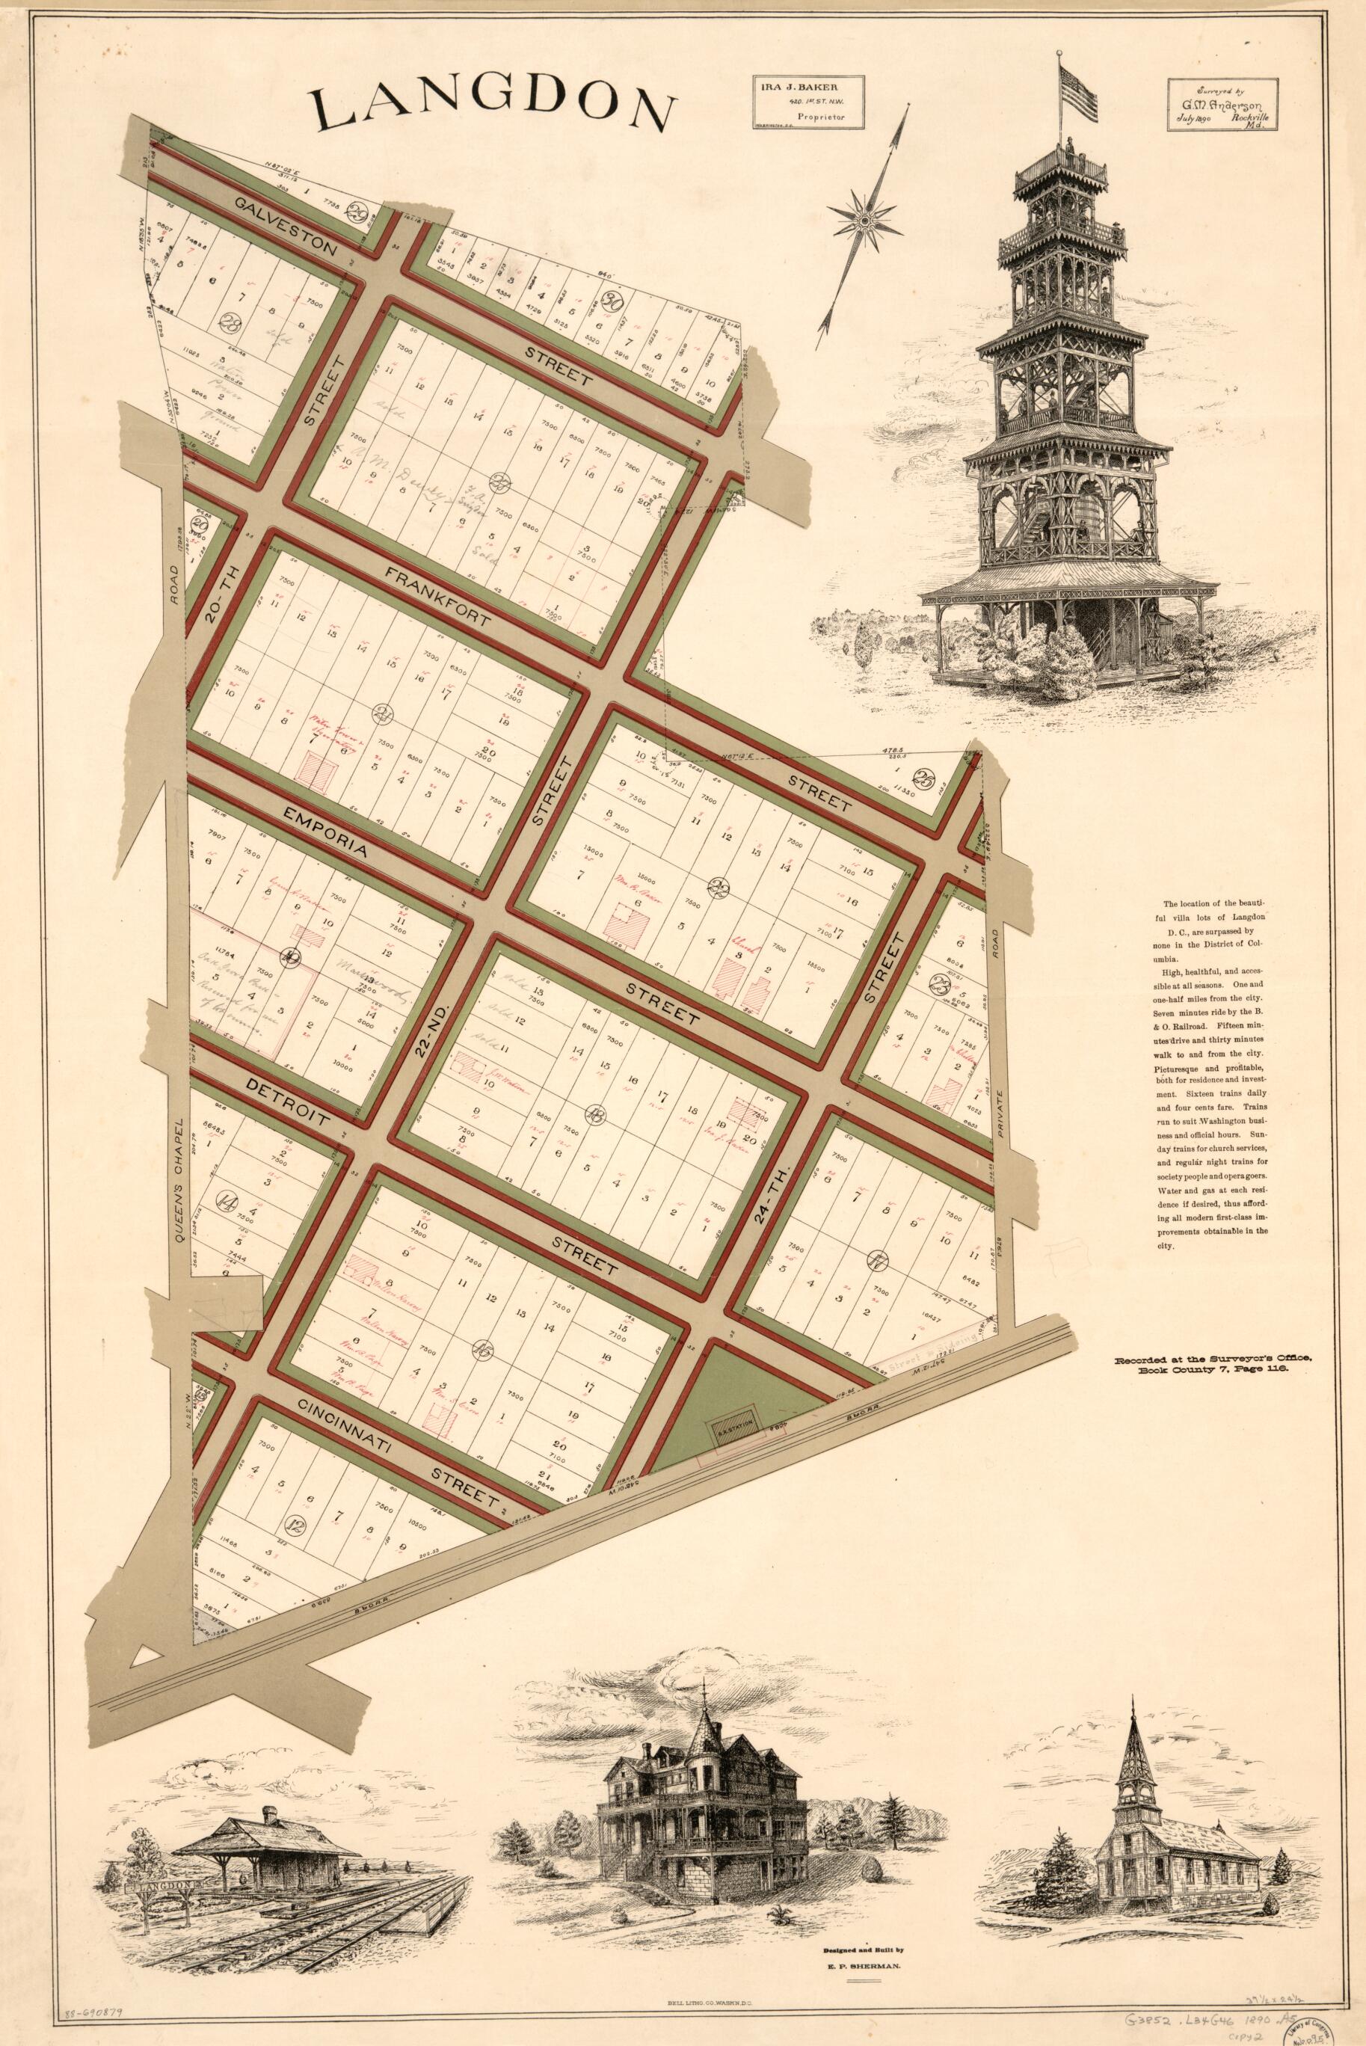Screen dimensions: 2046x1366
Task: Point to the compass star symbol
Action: click(x=863, y=222)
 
